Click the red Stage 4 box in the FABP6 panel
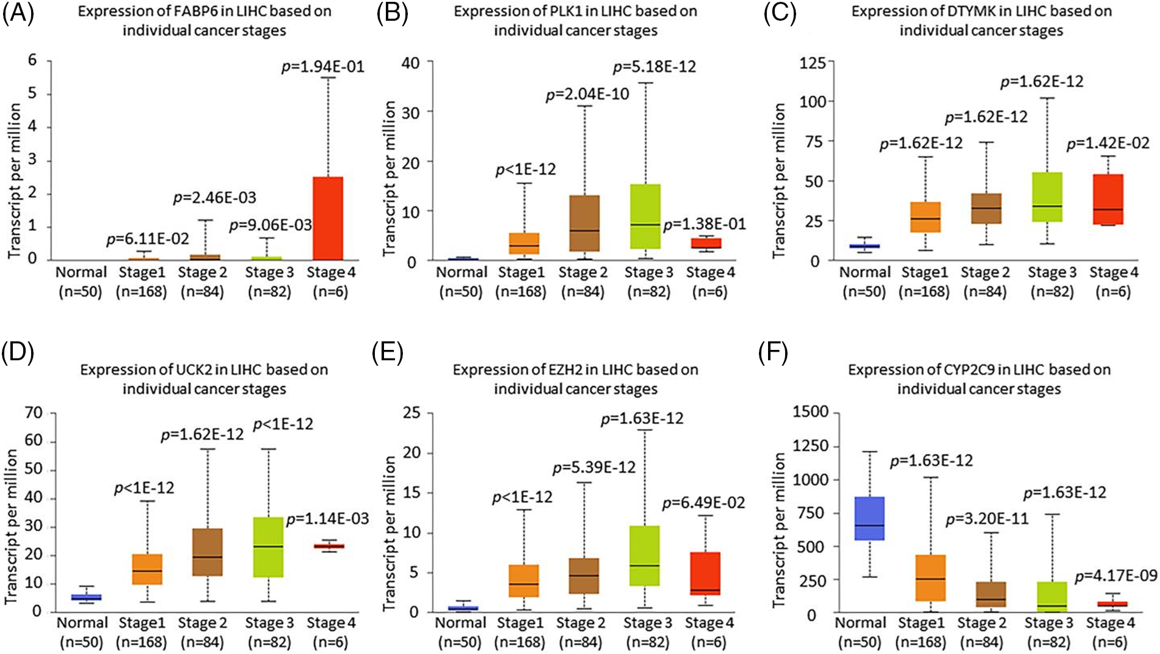point(328,218)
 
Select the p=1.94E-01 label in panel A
point(322,67)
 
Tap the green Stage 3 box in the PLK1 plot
point(646,216)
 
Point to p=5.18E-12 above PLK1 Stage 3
point(654,67)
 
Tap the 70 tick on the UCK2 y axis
point(34,413)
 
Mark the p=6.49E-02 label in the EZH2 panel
point(703,503)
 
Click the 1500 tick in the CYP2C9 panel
point(810,412)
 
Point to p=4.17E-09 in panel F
point(1115,576)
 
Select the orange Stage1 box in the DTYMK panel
point(925,217)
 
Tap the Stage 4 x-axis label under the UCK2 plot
point(330,623)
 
